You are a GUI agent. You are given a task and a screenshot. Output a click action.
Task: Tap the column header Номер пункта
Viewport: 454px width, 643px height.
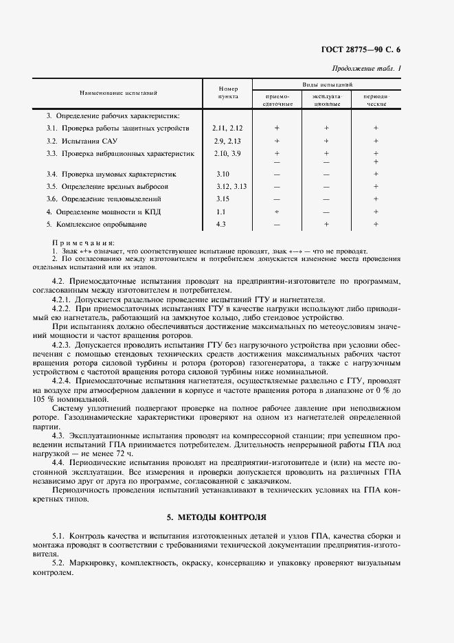point(227,93)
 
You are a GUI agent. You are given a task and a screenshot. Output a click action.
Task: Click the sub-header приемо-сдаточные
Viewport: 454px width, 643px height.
point(277,100)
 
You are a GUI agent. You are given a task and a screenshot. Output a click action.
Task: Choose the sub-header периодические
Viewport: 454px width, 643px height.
point(376,100)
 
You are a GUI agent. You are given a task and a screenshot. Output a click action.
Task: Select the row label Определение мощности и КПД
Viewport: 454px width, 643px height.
point(103,212)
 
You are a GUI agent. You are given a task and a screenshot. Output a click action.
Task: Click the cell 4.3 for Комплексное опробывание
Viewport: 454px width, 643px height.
point(220,224)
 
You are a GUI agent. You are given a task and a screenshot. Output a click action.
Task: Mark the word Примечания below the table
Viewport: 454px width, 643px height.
point(83,243)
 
